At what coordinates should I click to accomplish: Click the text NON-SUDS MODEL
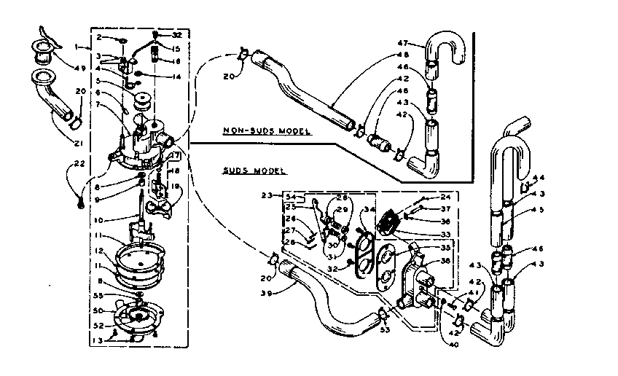click(x=267, y=131)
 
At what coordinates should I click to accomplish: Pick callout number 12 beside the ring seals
click(x=98, y=250)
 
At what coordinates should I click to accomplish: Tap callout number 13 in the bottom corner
click(x=98, y=339)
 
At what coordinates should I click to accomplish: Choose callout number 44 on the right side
click(x=539, y=179)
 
